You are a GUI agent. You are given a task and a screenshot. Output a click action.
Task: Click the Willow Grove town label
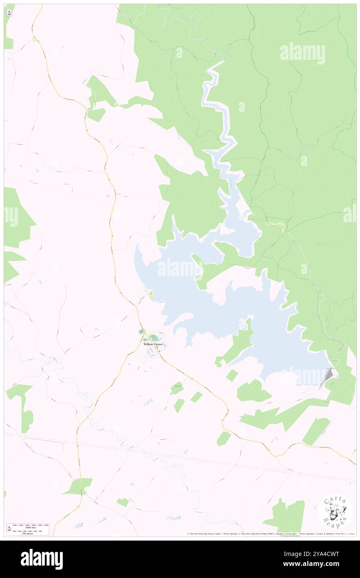153,344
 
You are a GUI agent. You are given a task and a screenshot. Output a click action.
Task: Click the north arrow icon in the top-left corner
9,13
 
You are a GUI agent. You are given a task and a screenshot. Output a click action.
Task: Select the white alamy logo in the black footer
42,559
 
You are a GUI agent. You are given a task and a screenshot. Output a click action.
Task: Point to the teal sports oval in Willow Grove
154,338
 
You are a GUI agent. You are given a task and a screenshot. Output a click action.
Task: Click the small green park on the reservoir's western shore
150,295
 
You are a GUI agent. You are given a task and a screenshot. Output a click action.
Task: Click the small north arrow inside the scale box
10,529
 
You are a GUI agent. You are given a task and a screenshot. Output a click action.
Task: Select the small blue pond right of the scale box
78,526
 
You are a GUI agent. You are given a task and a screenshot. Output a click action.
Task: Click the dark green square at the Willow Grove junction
141,331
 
